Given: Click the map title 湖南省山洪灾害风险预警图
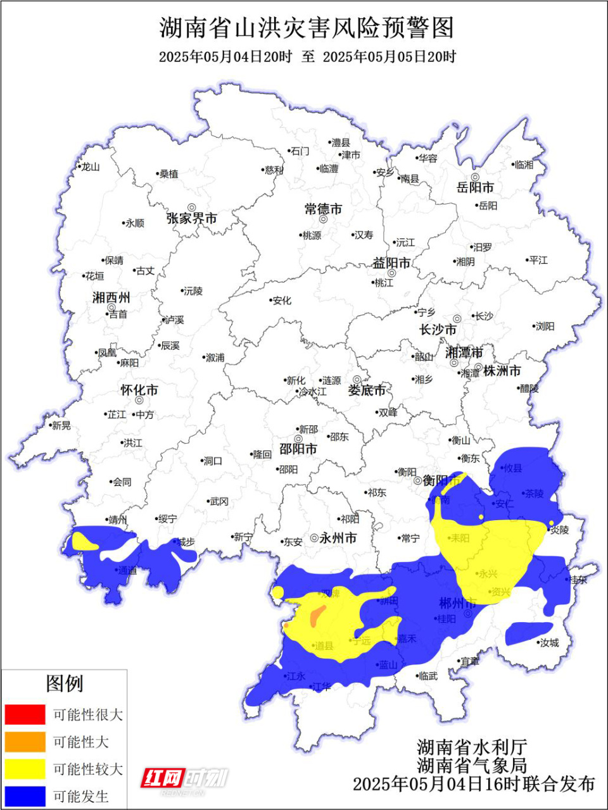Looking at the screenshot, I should (307, 28).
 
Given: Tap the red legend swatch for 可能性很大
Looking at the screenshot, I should (25, 714).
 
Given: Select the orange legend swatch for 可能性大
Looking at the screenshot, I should (25, 742).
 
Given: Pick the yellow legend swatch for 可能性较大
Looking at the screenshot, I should (25, 769).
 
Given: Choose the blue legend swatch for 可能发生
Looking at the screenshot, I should (25, 796).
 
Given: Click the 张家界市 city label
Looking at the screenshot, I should (192, 218).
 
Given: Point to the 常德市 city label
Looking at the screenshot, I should (323, 209).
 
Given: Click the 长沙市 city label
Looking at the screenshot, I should (438, 330).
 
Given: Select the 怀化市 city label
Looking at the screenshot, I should (139, 390).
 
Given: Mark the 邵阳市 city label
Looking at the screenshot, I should (298, 449).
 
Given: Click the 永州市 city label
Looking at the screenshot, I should (338, 539).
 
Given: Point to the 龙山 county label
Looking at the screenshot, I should (91, 167).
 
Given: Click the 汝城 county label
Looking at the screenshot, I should (549, 643).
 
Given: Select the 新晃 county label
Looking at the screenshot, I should (61, 426).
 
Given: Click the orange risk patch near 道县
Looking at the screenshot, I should (317, 614).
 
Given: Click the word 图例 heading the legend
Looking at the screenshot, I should (64, 683).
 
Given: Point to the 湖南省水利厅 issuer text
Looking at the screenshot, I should (472, 747).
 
